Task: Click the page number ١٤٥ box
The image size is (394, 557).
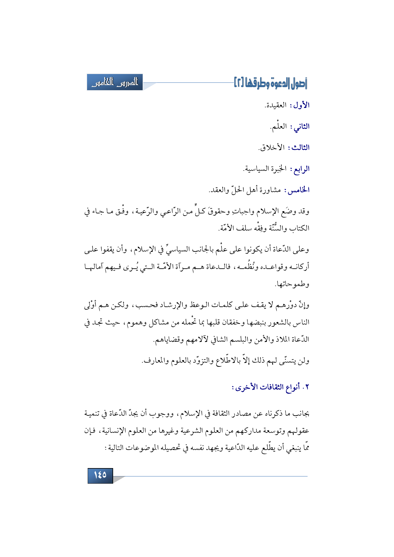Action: [100, 475]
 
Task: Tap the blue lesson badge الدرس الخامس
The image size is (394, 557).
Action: [115, 82]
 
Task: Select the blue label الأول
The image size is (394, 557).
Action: [301, 105]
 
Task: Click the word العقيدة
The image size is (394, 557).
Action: [276, 105]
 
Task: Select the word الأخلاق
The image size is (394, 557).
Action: [272, 148]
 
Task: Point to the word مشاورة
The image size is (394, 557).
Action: [270, 190]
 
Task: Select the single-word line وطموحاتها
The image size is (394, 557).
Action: [293, 284]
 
